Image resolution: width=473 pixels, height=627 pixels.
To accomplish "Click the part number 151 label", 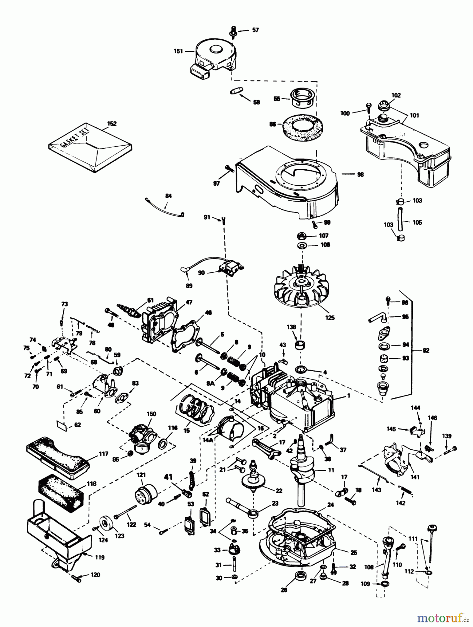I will click(x=178, y=51).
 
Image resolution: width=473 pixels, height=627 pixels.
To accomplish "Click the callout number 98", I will click(x=360, y=174).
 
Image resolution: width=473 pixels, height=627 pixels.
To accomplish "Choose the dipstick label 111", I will click(x=413, y=539).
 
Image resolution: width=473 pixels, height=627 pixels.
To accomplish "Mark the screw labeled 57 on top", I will click(x=232, y=31).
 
